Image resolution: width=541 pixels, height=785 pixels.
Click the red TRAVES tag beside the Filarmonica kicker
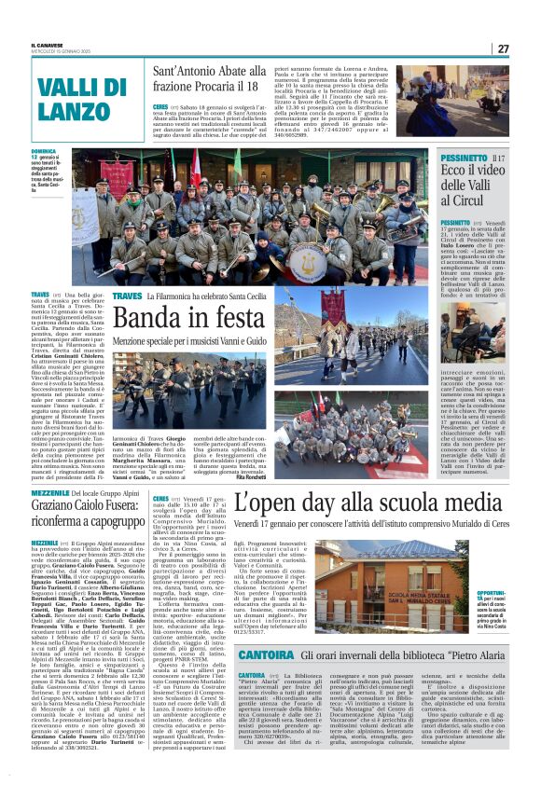point(126,296)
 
